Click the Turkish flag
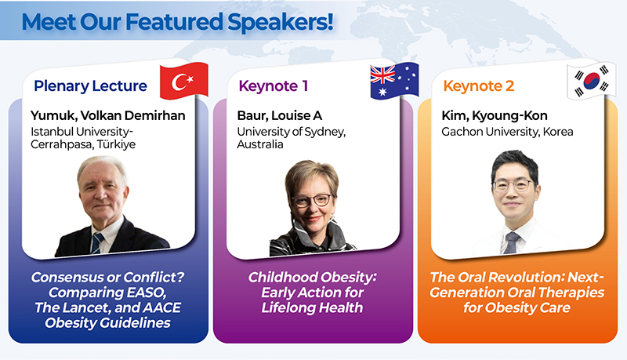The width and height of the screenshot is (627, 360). (184, 81)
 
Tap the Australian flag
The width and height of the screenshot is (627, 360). (394, 81)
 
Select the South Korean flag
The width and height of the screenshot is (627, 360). (592, 81)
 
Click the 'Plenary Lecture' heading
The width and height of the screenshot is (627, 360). (90, 86)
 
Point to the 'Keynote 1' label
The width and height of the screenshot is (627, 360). (273, 86)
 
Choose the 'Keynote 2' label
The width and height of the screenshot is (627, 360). (479, 86)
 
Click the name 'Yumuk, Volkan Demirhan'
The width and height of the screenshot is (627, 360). (108, 115)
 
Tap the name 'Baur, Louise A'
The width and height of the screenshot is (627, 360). (280, 115)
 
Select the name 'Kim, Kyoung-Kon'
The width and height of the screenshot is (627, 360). (495, 115)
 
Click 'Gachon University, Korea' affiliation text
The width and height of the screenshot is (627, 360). (507, 132)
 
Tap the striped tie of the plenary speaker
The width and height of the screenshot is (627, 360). (96, 243)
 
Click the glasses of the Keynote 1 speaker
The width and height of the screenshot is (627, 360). (311, 199)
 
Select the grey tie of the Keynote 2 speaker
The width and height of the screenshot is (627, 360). (512, 242)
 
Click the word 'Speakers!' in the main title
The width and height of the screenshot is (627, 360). (281, 23)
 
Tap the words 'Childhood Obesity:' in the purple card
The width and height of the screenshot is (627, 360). (312, 277)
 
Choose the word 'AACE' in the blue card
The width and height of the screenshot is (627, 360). (161, 307)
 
